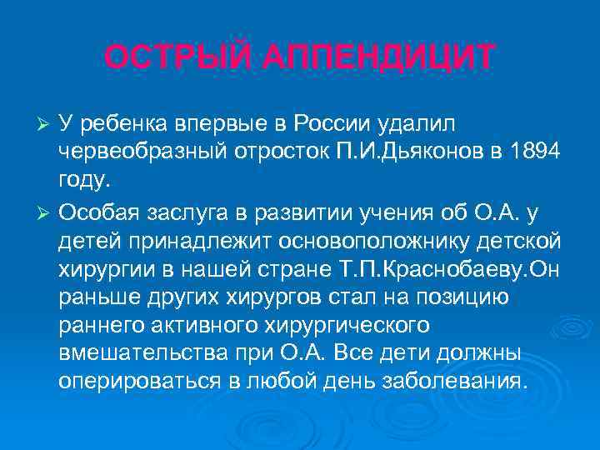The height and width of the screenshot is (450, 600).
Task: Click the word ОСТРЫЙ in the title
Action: pyautogui.click(x=167, y=57)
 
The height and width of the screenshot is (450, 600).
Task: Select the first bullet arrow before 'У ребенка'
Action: pyautogui.click(x=47, y=125)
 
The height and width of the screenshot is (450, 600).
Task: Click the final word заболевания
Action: pyautogui.click(x=454, y=382)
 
